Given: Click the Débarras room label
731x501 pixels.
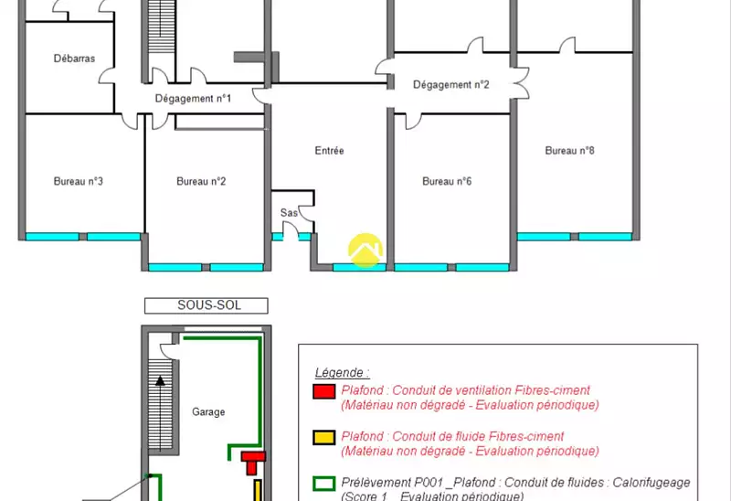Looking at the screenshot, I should [x=74, y=59].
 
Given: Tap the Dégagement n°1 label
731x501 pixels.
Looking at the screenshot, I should [x=193, y=99].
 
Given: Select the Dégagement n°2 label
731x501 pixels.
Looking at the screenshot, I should [x=451, y=85].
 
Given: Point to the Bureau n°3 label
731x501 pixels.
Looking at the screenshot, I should [x=78, y=181].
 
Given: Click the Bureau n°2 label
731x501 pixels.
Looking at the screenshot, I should [x=201, y=181].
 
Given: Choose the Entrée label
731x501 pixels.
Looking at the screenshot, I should [x=329, y=151].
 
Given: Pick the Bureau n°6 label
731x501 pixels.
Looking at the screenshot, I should [x=447, y=181].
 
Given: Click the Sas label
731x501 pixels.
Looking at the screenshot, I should [x=289, y=213].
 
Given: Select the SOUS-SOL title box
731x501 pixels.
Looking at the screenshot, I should [x=207, y=305].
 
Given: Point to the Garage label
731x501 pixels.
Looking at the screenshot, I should [x=208, y=412].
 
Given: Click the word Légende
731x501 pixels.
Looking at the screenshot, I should [x=342, y=373].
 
